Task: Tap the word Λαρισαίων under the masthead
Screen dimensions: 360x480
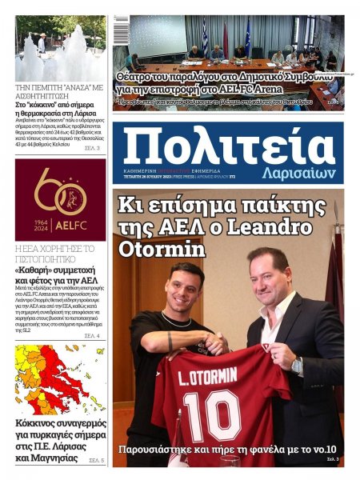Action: (298, 174)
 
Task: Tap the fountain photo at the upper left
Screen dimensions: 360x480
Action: (60, 48)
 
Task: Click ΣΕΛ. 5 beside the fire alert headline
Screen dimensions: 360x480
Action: (96, 461)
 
